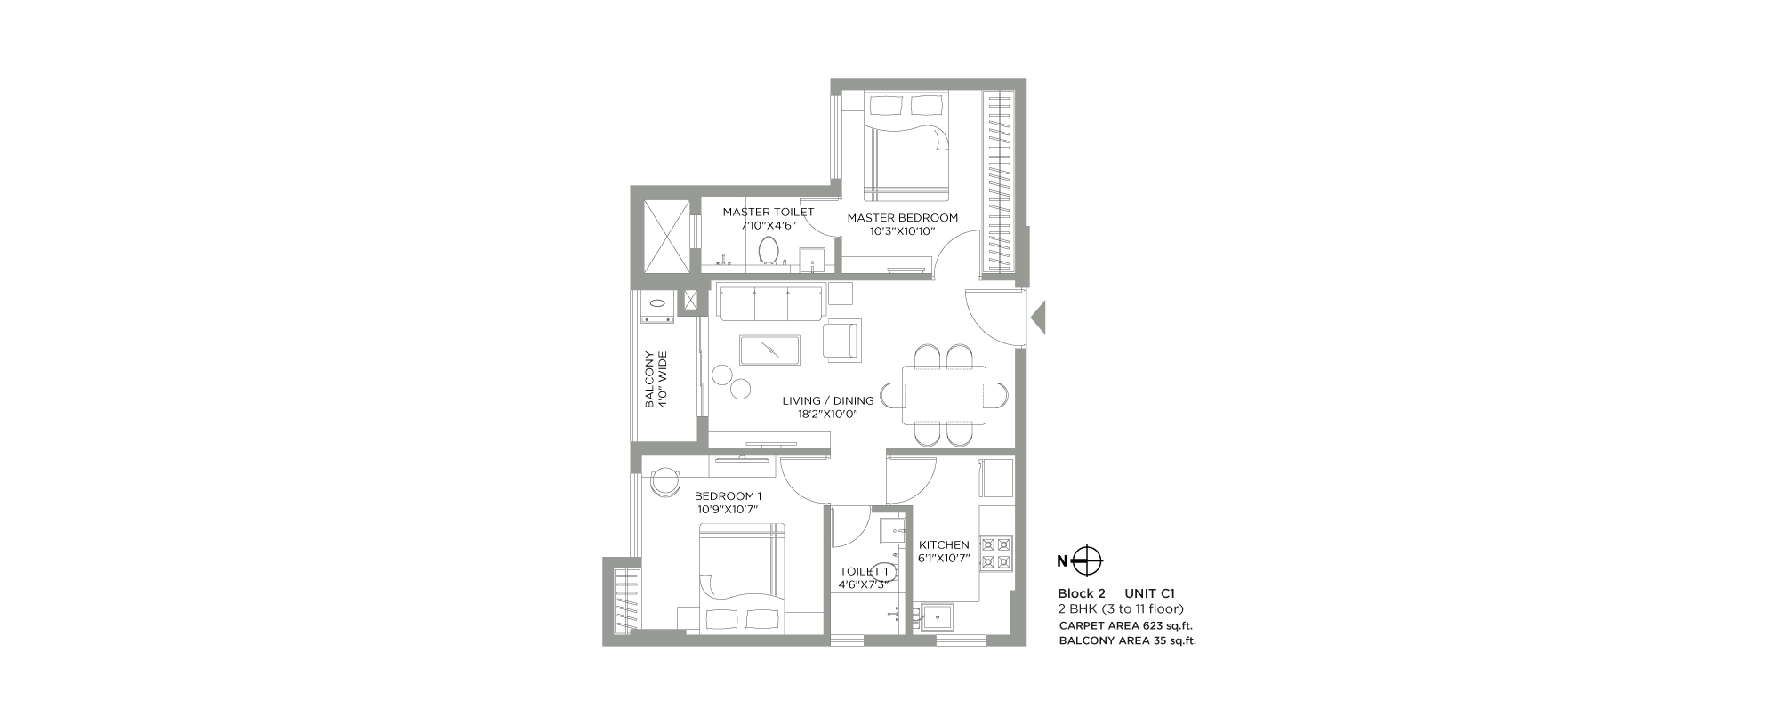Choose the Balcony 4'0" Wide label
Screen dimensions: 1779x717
pyautogui.click(x=656, y=380)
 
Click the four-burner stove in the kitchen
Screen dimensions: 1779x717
pyautogui.click(x=996, y=552)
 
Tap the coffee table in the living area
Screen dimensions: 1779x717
pyautogui.click(x=769, y=350)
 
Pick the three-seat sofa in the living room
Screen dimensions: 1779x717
pyautogui.click(x=769, y=302)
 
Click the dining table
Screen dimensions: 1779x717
pyautogui.click(x=944, y=395)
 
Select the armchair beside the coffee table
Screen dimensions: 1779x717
pyautogui.click(x=842, y=340)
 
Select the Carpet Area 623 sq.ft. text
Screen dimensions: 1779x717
pyautogui.click(x=1126, y=625)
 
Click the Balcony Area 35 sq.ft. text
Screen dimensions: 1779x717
pyautogui.click(x=1128, y=640)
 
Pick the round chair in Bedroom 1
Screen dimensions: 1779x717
pyautogui.click(x=664, y=481)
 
